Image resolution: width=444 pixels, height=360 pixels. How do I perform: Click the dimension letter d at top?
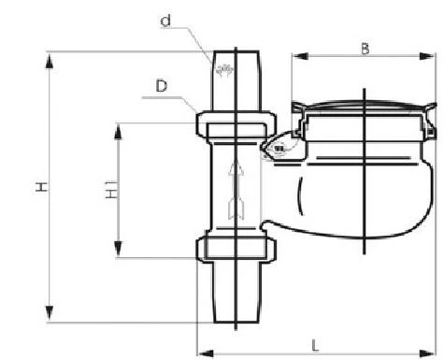click(165, 21)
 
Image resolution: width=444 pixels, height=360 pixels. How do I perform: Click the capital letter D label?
click(162, 86)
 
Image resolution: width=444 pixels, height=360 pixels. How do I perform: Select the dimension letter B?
click(365, 49)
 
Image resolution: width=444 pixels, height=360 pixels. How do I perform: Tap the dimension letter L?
click(315, 345)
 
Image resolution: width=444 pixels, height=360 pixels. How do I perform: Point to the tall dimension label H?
click(41, 187)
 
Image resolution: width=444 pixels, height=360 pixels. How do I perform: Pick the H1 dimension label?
click(111, 189)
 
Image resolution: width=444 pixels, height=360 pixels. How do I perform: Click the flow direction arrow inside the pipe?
click(236, 190)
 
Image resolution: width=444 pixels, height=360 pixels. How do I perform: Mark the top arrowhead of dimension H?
click(50, 61)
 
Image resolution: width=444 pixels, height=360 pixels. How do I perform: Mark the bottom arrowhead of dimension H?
click(50, 313)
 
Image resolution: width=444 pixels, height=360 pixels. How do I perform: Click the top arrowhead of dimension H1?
click(118, 132)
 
